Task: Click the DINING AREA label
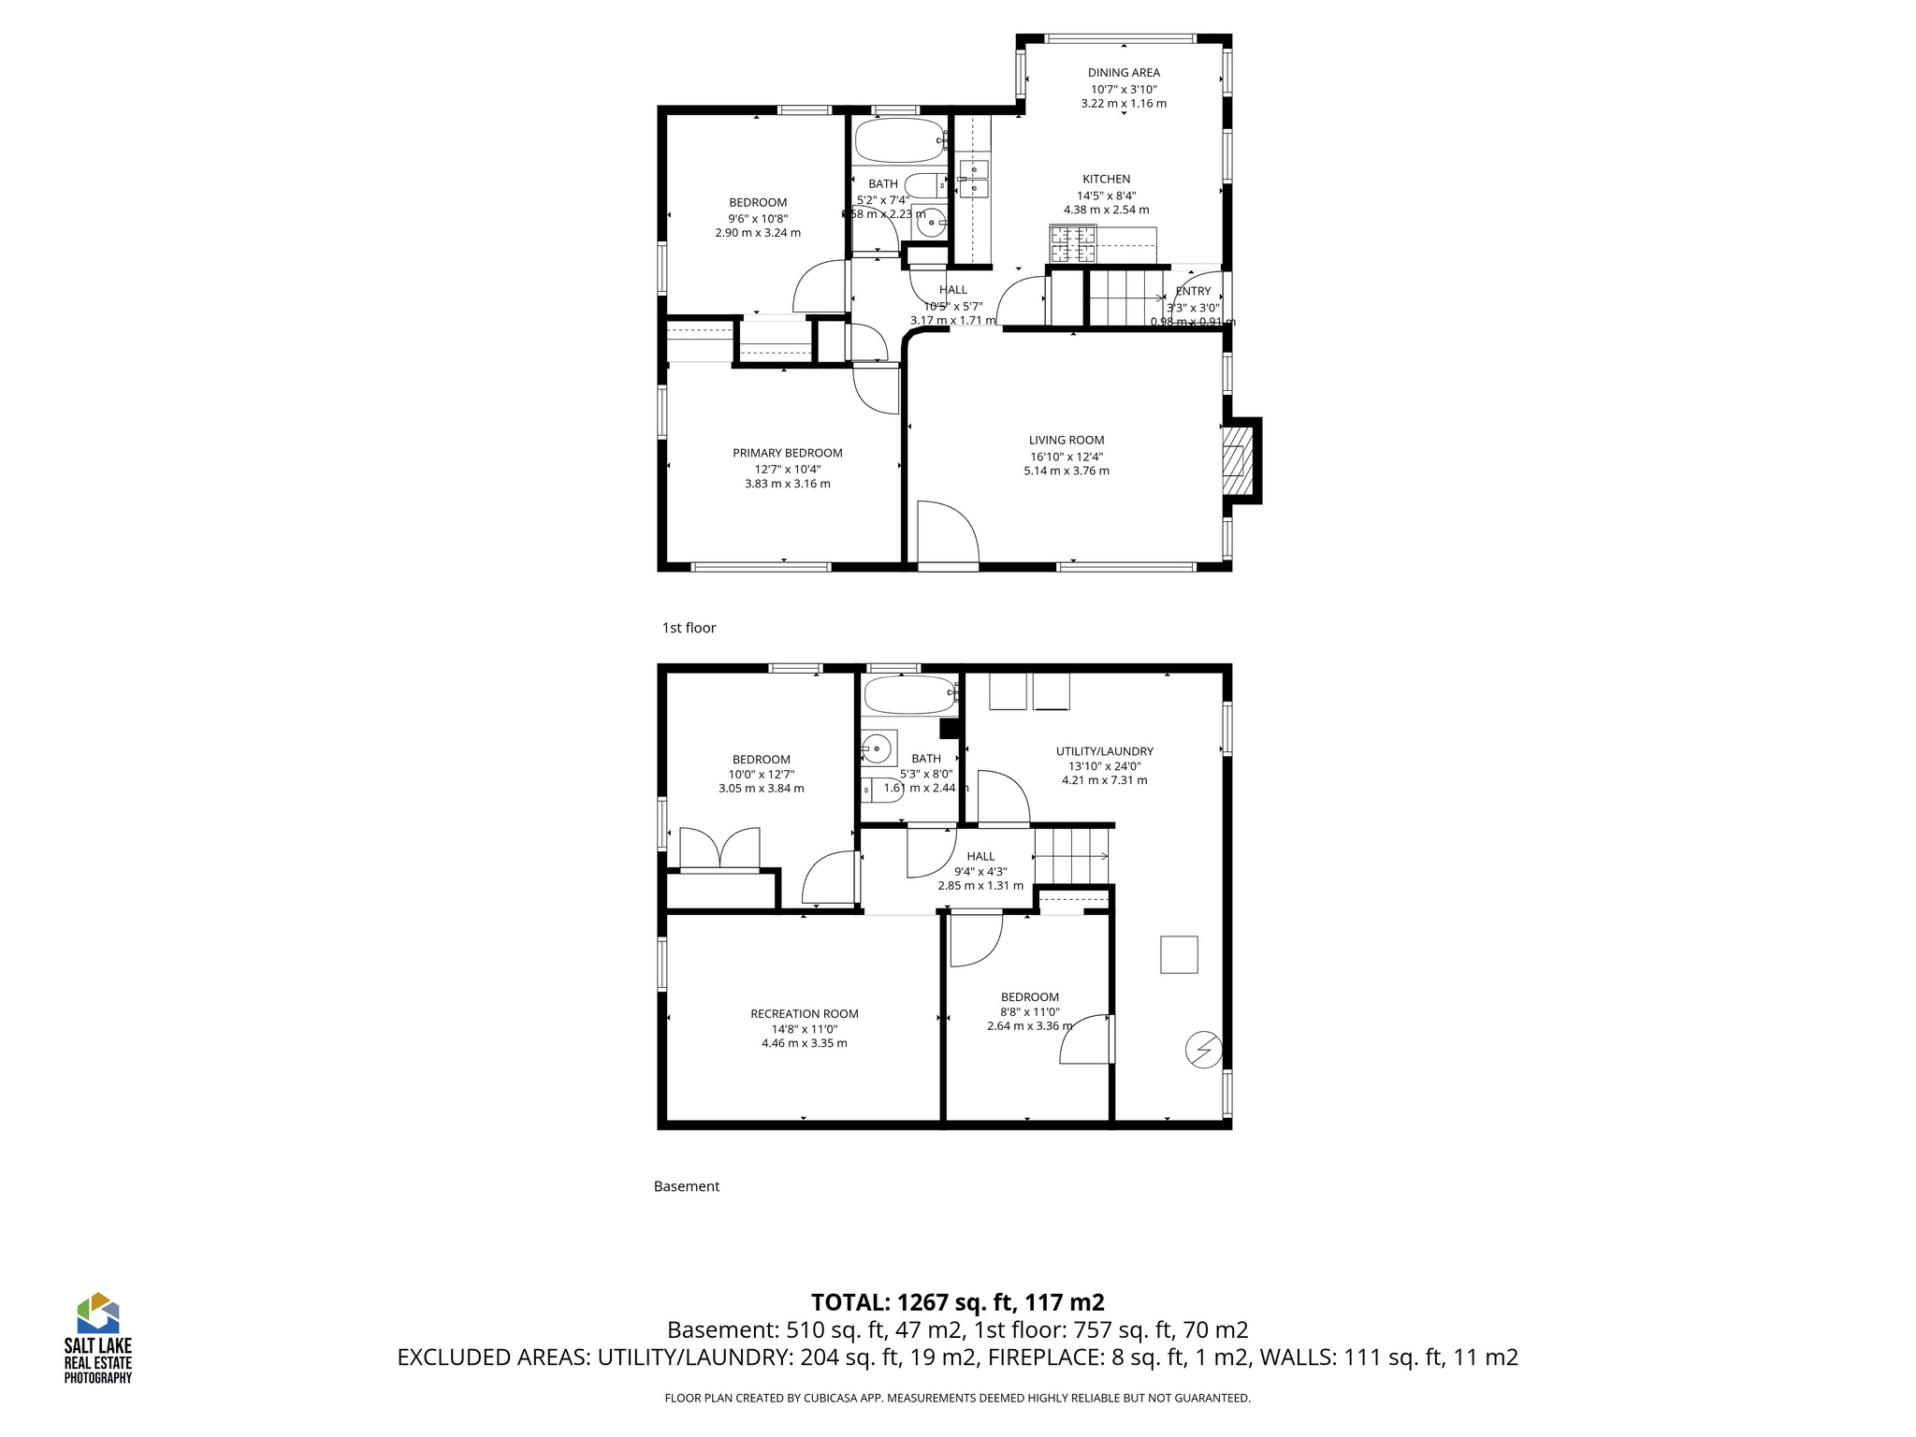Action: pos(1123,73)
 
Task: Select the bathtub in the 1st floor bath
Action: pos(899,141)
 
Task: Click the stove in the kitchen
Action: pos(1073,245)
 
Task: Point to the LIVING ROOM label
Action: pos(1067,440)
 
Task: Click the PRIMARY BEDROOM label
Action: pos(787,453)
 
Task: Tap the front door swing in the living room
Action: pos(947,532)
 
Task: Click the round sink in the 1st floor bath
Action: pos(930,224)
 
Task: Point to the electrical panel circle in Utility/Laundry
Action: pos(1203,1050)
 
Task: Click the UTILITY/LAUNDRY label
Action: pos(1104,751)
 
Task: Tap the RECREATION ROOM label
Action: pos(804,1014)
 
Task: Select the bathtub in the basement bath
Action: pos(908,696)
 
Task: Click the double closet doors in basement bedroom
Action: pos(718,849)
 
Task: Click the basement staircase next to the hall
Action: pos(1072,854)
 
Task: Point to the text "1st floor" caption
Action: pos(689,628)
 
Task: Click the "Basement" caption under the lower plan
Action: pos(686,1186)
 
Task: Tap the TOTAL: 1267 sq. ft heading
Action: pos(957,1302)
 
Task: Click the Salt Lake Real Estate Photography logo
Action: pos(97,1338)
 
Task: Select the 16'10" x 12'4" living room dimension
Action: pos(1067,457)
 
